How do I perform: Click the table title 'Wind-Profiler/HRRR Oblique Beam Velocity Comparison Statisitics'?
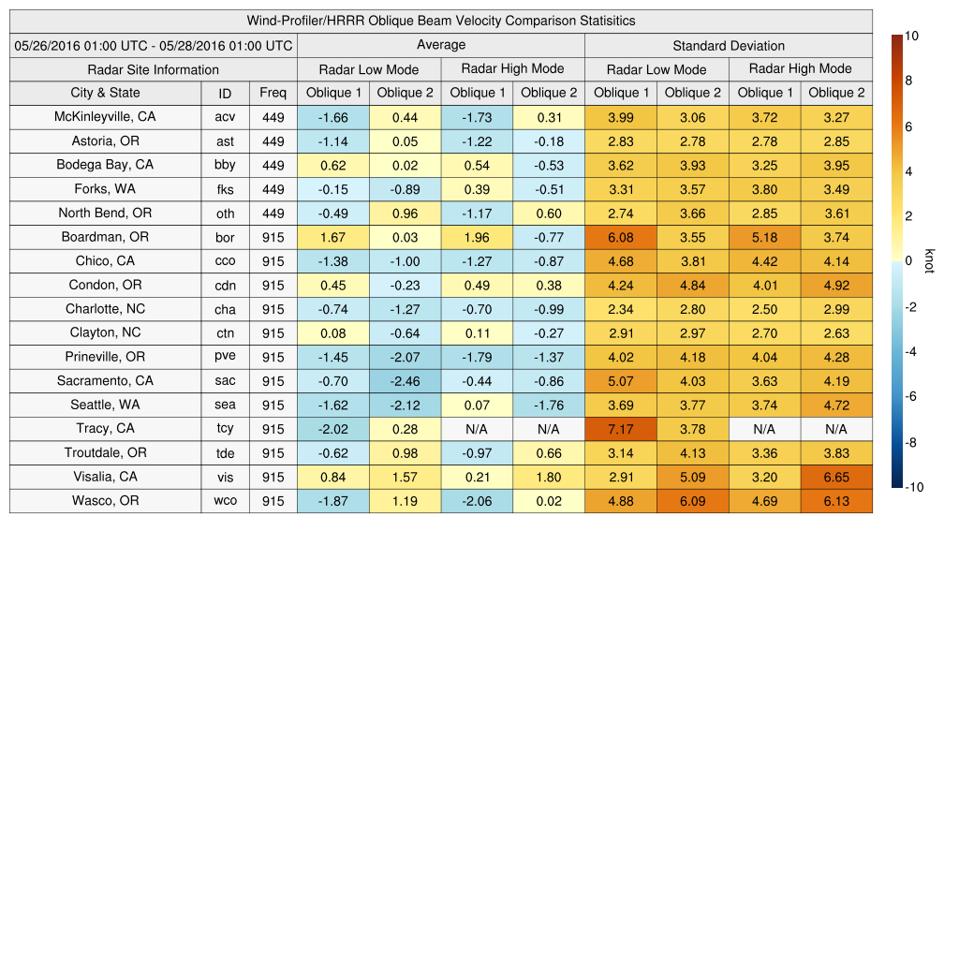click(441, 21)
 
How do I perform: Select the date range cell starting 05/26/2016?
click(154, 45)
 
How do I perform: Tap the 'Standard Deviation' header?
click(729, 45)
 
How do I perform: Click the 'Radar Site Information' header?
click(154, 69)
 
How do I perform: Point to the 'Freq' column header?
click(273, 93)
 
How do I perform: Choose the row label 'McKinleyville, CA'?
click(105, 117)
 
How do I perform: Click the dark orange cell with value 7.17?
click(620, 429)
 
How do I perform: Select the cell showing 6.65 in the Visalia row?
click(836, 477)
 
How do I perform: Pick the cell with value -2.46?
click(405, 381)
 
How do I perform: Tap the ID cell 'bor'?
click(225, 237)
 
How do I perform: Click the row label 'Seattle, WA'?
click(105, 405)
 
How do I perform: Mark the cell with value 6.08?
click(620, 237)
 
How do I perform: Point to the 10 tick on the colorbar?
click(912, 36)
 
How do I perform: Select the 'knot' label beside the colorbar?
click(929, 260)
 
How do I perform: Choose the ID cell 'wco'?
click(225, 501)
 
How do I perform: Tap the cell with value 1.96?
click(477, 237)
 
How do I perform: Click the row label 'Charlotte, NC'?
click(105, 309)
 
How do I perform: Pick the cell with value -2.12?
click(405, 405)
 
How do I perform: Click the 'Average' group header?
click(441, 45)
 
